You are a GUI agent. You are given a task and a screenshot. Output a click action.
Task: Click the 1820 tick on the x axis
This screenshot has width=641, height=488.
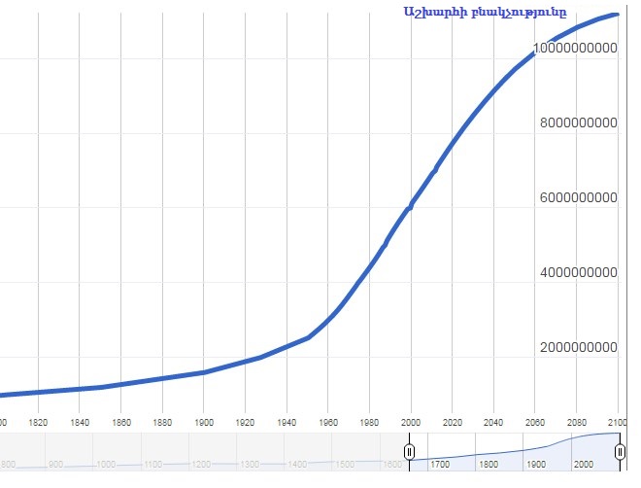pos(39,422)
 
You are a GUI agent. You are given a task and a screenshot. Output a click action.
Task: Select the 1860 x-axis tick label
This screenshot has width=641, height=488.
pos(121,422)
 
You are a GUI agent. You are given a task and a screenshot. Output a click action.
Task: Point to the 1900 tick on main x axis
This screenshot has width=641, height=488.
pos(204,422)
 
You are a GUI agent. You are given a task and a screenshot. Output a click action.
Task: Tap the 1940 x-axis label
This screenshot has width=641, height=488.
pos(287,422)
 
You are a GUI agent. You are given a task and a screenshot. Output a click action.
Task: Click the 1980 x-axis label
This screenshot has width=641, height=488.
pos(369,422)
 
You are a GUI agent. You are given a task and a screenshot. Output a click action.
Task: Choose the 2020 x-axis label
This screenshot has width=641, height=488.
pos(453,422)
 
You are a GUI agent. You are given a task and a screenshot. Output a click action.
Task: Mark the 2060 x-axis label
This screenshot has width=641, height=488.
pos(535,422)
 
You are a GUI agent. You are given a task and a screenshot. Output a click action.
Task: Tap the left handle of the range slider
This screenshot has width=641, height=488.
pos(410,452)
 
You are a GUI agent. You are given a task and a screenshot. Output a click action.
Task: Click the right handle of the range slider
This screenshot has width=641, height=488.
pos(619,452)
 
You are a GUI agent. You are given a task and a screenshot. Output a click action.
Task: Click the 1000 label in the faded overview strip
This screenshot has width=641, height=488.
pos(106,465)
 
